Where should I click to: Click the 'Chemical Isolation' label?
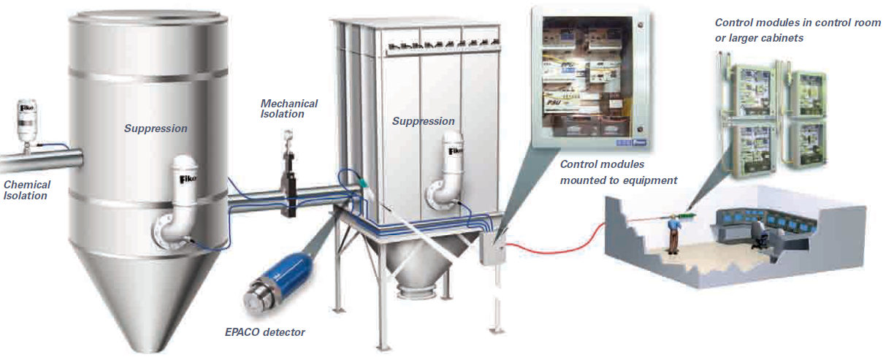pos(27,190)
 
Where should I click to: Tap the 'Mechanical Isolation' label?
pos(289,109)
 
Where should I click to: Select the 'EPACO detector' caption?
pos(264,332)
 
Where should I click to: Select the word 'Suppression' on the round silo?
pos(156,129)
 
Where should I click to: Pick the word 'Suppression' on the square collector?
pos(424,121)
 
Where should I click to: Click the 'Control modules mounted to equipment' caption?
pos(618,172)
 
